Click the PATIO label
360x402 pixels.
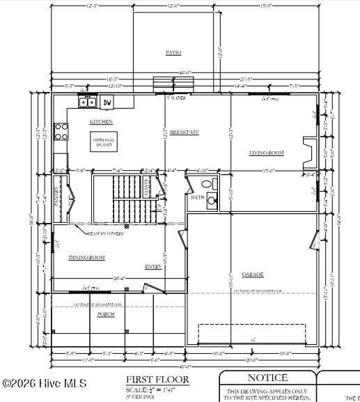(173, 52)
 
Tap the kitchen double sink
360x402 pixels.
(88, 102)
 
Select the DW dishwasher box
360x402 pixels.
(107, 103)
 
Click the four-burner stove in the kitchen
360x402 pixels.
(61, 132)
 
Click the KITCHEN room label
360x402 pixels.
(101, 122)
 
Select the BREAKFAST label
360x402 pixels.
(184, 132)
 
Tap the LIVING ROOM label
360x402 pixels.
(266, 153)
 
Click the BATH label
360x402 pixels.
(197, 198)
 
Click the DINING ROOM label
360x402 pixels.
(87, 258)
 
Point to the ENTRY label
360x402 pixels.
(153, 267)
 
